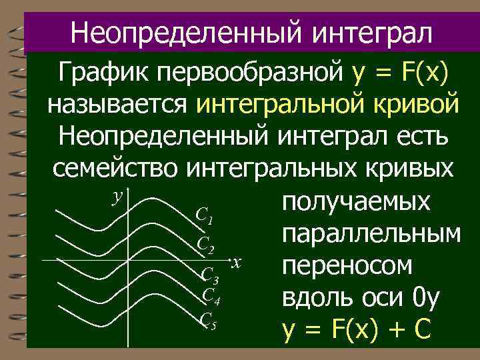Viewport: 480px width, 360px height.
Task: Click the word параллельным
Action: (x=371, y=234)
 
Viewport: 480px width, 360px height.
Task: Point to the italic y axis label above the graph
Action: (x=119, y=196)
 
